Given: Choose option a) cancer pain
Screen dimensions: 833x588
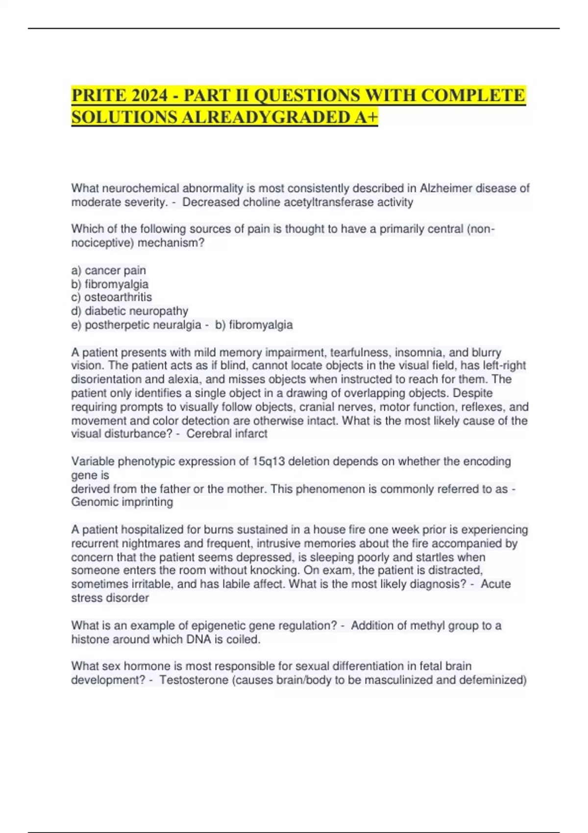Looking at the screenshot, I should (109, 270).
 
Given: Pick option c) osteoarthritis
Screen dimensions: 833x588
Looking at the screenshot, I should (112, 297).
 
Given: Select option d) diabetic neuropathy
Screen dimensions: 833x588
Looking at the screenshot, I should (130, 311).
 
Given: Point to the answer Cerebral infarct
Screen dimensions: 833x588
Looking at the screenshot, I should (226, 434).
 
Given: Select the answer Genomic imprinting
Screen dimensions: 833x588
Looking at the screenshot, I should (122, 502).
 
